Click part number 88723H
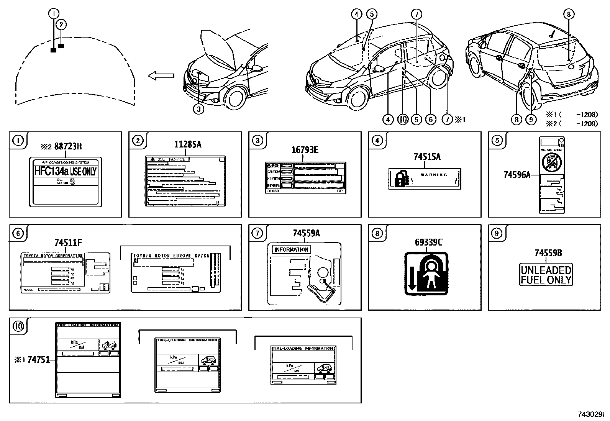(x=68, y=146)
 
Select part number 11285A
(x=188, y=144)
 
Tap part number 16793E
(x=305, y=150)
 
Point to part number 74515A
(x=427, y=157)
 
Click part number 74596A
(x=517, y=175)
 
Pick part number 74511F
(x=68, y=242)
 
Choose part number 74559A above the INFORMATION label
(x=306, y=233)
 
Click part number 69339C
(x=428, y=242)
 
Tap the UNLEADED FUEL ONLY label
(x=546, y=275)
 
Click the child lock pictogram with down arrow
(x=426, y=274)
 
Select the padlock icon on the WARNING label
(x=400, y=179)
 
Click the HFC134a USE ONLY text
(x=66, y=171)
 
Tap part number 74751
(x=39, y=360)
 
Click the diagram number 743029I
(x=591, y=414)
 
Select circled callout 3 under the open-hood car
(x=198, y=109)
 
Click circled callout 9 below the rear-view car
(x=531, y=120)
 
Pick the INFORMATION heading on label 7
(x=291, y=250)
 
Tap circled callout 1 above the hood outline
(x=54, y=14)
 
